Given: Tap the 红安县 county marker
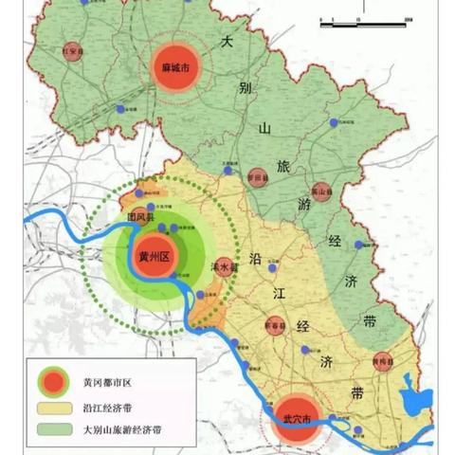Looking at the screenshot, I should pos(69,52).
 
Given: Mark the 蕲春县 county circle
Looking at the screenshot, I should pos(276,326).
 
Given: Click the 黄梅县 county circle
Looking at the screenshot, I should pos(382,361).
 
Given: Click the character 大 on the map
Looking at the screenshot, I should pos(227,42).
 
